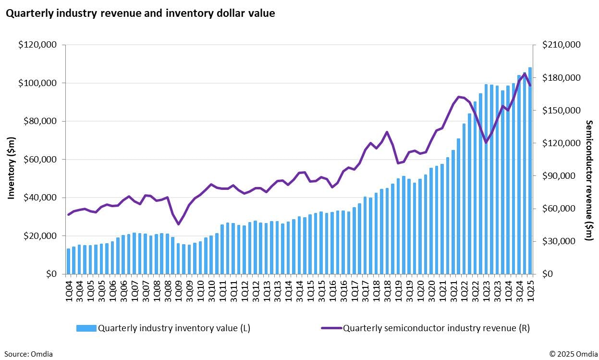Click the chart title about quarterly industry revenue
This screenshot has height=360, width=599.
pyautogui.click(x=140, y=13)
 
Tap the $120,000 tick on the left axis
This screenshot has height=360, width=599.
pyautogui.click(x=37, y=45)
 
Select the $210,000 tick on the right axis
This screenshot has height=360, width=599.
pyautogui.click(x=562, y=45)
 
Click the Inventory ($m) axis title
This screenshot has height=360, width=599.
pyautogui.click(x=12, y=168)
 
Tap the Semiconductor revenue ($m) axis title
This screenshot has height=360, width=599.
pyautogui.click(x=589, y=180)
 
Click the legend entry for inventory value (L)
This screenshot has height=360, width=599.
pyautogui.click(x=164, y=328)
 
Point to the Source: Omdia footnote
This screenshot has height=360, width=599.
pyautogui.click(x=28, y=354)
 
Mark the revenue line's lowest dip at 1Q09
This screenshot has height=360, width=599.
pyautogui.click(x=178, y=224)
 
